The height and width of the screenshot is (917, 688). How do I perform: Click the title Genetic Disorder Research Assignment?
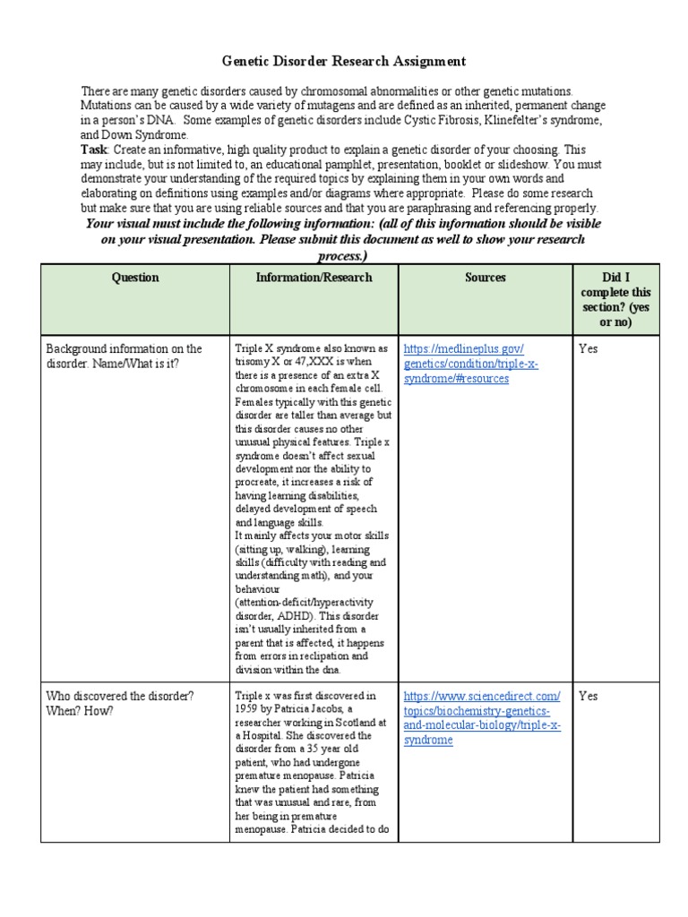coord(344,62)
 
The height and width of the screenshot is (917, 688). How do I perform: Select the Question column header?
coord(134,278)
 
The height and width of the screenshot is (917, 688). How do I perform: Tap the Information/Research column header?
coord(314,278)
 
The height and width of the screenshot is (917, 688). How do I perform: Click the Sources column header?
coord(485,278)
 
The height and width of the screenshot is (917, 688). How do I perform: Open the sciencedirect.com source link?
coord(482,718)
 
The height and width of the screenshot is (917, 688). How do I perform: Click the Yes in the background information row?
coord(589,349)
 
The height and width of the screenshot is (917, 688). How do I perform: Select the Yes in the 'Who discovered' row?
coord(589,696)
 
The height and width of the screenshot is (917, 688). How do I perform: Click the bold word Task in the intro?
coord(93,150)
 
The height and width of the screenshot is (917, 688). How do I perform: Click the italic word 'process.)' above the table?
coord(344,255)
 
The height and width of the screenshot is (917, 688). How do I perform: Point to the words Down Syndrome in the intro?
coord(133,135)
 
